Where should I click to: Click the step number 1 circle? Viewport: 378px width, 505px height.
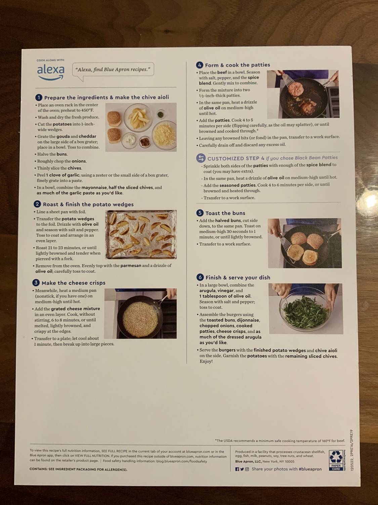(x=39, y=97)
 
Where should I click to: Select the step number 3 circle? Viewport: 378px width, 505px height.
(x=36, y=283)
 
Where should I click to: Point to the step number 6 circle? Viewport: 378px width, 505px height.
(x=200, y=277)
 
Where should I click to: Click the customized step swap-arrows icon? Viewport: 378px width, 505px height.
(x=201, y=158)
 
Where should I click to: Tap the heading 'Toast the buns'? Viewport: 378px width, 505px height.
(x=225, y=213)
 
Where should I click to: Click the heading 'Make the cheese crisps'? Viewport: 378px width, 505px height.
(x=73, y=283)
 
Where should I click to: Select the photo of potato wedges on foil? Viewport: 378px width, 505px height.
(x=141, y=235)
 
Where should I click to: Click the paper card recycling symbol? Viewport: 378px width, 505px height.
(x=336, y=460)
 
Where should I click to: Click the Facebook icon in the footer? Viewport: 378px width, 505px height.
(x=237, y=469)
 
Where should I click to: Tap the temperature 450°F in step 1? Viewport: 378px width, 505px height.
(x=87, y=110)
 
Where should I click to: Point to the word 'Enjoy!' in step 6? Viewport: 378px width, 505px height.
(x=206, y=362)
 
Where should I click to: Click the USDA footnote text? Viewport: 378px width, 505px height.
(x=280, y=441)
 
